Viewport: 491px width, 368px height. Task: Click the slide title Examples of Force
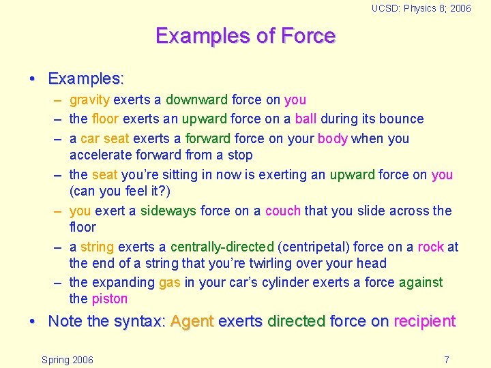click(245, 35)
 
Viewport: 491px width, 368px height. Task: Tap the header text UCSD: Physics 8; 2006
click(421, 8)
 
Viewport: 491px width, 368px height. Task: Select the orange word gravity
click(89, 100)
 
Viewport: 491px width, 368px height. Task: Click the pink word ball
click(306, 119)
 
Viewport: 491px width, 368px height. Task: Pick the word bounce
click(402, 119)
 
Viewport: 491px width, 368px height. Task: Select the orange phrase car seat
click(104, 138)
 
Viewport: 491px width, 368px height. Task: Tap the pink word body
click(332, 138)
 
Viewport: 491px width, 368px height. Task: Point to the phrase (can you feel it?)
click(120, 191)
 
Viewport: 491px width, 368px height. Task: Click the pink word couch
click(282, 211)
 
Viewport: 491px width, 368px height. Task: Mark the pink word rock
click(430, 247)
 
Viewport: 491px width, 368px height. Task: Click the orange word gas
click(170, 282)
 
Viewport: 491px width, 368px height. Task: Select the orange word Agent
click(192, 322)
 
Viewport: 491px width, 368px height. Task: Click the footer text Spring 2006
click(68, 360)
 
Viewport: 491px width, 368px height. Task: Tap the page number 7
click(446, 360)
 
